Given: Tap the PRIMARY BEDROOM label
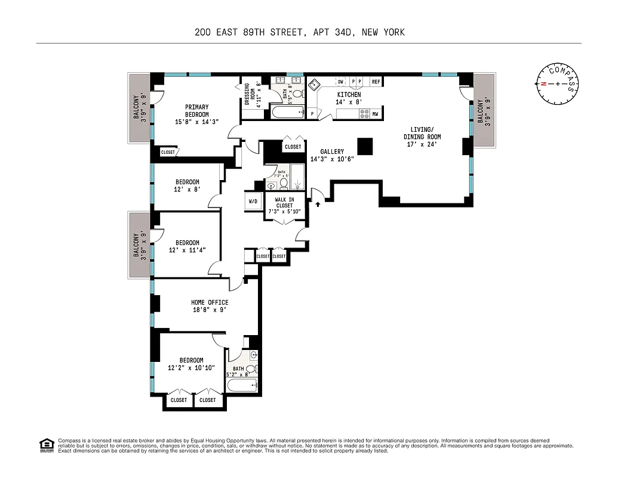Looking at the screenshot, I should pos(196,111).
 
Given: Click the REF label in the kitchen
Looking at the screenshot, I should pos(376,82).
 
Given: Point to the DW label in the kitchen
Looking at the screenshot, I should pos(340,82).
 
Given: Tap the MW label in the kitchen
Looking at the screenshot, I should pos(376,114).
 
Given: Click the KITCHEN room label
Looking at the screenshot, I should pos(349,95).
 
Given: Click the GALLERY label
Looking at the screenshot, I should pos(331,152).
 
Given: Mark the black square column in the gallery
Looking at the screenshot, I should pos(364,146).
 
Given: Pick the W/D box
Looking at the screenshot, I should pos(253,202).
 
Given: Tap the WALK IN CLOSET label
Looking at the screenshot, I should pos(284,202).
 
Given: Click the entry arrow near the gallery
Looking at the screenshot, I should pos(318,204).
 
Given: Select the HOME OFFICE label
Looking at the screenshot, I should pos(209,302).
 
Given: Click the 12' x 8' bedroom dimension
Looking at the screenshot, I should pos(187,190).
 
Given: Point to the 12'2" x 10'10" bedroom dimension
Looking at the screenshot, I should pos(191,368).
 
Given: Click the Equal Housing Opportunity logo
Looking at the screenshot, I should pos(45,444).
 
